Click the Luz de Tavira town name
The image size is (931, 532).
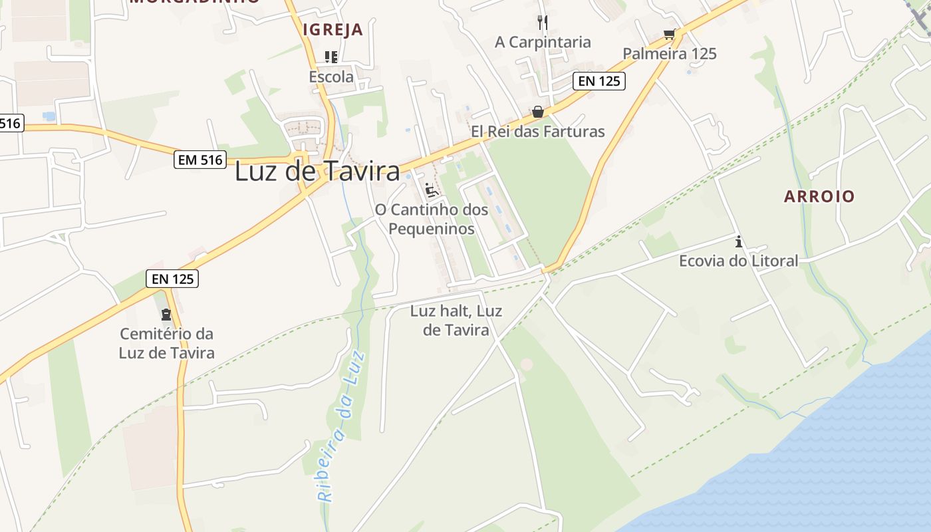coord(317,172)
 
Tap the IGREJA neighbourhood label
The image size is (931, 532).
coord(333,29)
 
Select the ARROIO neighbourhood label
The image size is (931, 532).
coord(819,196)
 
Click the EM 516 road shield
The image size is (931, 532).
coord(200,160)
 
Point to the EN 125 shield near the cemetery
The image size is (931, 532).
coord(172,279)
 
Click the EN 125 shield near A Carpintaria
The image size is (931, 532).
coord(599,81)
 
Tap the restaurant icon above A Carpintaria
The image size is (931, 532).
coord(543,23)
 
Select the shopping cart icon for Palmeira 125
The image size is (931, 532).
coord(669,34)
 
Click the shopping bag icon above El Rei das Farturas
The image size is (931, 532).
coord(537,112)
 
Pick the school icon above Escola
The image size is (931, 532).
coord(331,57)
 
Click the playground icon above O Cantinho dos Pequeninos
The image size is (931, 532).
coord(431,190)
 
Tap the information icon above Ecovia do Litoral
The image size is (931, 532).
coord(738,241)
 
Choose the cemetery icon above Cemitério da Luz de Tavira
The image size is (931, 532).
coord(166,314)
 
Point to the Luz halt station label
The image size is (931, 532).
coord(456,320)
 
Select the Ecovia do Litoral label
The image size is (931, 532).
coord(738,261)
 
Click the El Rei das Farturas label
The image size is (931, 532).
coord(538,131)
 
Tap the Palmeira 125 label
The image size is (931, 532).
coord(670,53)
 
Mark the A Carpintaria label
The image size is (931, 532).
coord(543,42)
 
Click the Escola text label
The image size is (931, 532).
coord(331,76)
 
